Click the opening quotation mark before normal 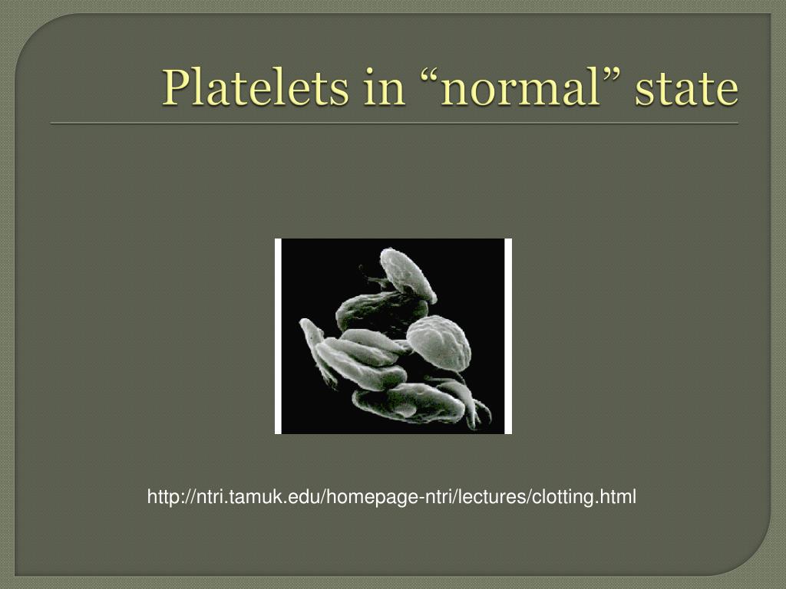coord(431,77)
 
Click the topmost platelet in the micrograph coord(408,273)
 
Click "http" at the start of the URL coord(162,498)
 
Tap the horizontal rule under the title coord(394,123)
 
